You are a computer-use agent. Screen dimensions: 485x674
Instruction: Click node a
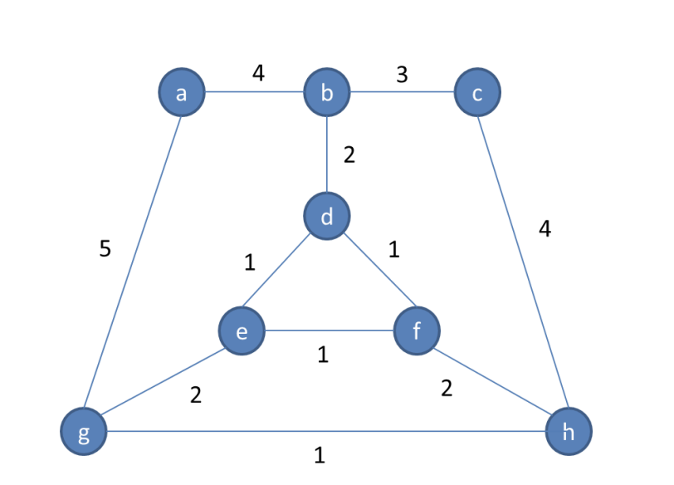[182, 93]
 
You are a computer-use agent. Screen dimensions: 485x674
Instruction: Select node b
[327, 93]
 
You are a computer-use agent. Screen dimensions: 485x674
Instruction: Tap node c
[477, 93]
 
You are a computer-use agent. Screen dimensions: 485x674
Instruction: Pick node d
[327, 217]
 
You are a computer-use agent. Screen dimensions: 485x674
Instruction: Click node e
[242, 331]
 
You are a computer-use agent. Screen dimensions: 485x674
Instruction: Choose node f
[416, 331]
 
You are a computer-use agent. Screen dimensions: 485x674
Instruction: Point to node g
[84, 432]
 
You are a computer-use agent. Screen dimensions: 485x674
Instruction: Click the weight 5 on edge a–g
[105, 248]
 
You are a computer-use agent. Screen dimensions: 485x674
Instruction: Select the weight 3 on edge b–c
[402, 75]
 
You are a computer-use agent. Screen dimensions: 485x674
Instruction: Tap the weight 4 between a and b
[258, 73]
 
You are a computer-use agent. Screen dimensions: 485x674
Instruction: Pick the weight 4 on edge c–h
[545, 229]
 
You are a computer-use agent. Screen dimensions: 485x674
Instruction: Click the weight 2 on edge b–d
[349, 154]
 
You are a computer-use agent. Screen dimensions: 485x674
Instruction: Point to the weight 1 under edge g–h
[320, 455]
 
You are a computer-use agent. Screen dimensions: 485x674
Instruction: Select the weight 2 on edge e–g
[196, 394]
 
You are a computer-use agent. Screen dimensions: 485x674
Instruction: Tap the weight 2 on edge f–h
[447, 388]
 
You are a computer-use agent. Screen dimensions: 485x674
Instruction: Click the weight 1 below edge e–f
[323, 355]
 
